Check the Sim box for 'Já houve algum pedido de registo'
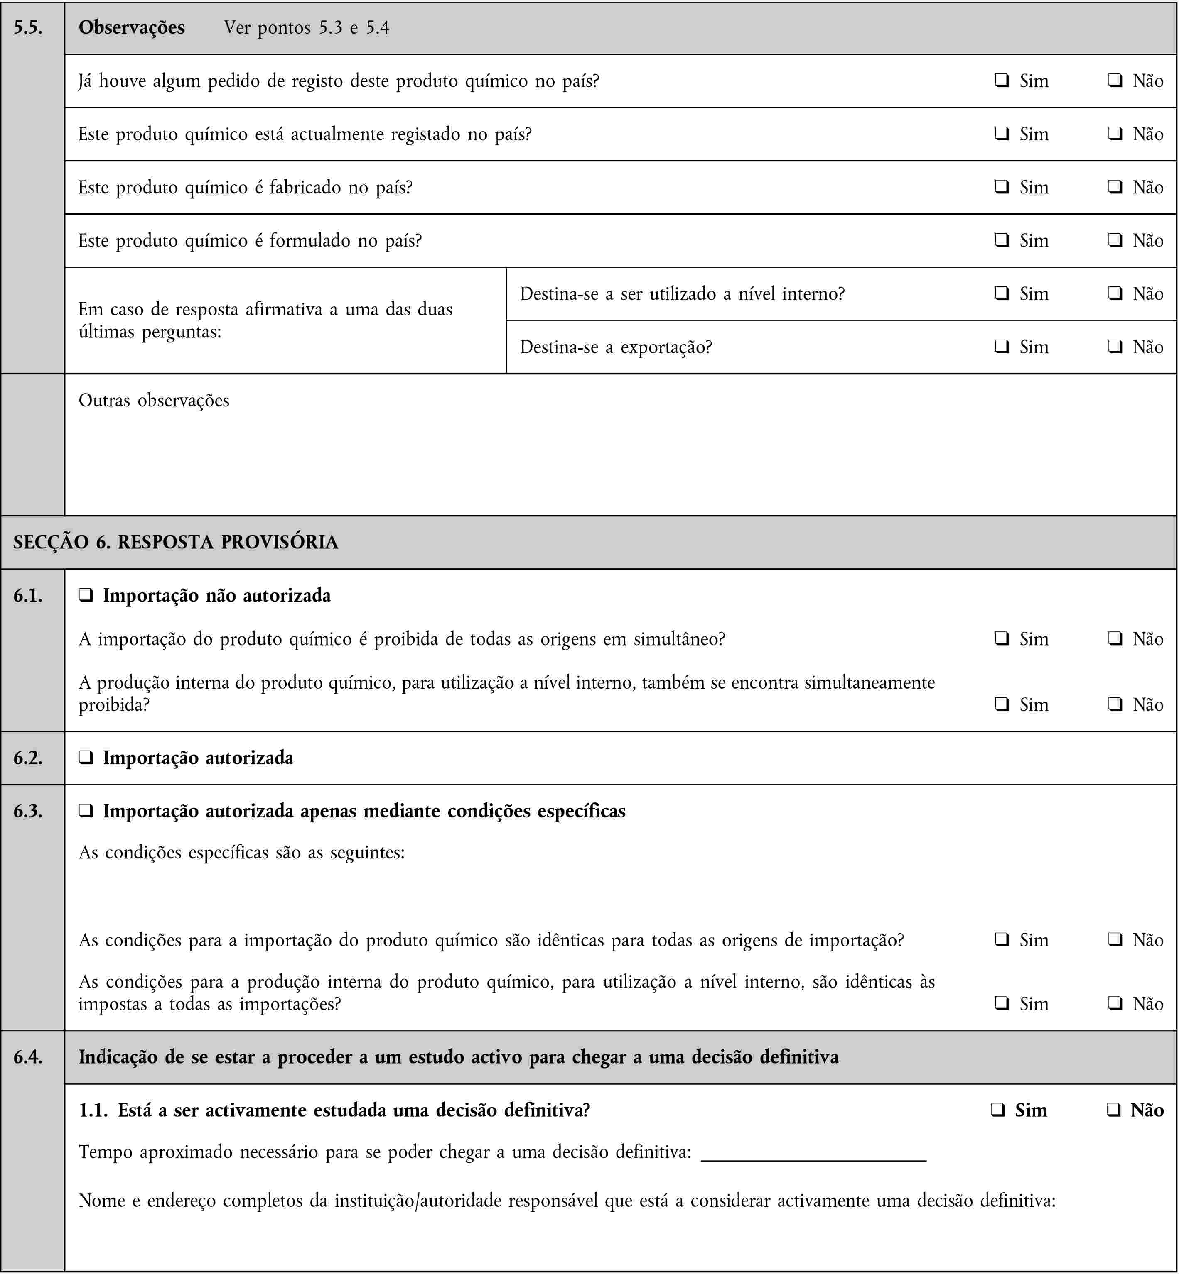[1001, 81]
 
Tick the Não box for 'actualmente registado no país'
[1115, 134]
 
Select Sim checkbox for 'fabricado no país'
[1001, 187]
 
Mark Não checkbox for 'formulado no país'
[1115, 240]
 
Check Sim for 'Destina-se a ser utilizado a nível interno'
[1001, 293]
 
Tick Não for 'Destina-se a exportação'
[1115, 347]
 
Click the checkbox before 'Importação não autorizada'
[86, 596]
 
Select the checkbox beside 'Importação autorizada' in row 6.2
[86, 758]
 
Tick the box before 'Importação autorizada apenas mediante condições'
[86, 811]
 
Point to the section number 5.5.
[28, 27]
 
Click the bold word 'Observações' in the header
[131, 27]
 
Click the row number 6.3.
[28, 811]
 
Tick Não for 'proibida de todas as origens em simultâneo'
[1115, 638]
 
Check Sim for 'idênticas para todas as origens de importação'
[1001, 940]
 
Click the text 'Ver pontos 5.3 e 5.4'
[306, 27]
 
